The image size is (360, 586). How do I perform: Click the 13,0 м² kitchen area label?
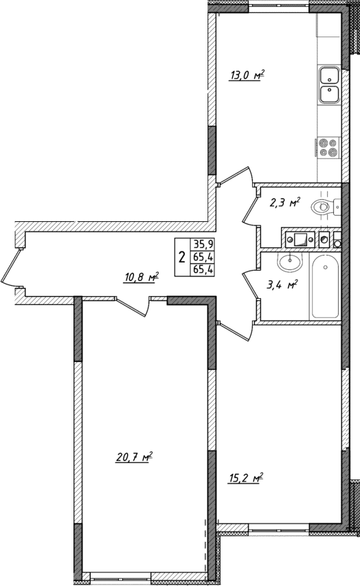pos(247,76)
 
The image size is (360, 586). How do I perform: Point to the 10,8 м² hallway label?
pos(141,278)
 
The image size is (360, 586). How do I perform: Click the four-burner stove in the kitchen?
pos(328,148)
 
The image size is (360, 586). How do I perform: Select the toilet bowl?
pos(324,205)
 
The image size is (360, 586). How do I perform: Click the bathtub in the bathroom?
pos(324,287)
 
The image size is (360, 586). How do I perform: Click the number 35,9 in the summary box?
pos(201,244)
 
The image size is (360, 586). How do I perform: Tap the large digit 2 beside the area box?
pos(181,258)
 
